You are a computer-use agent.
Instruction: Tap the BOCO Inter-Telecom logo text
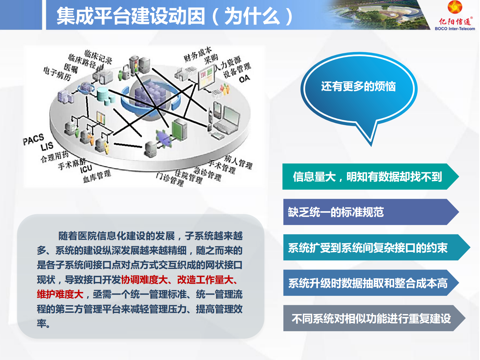455,29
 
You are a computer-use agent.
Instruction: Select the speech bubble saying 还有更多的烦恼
358,87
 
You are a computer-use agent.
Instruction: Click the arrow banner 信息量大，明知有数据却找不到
367,177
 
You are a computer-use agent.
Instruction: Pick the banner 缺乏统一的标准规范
336,212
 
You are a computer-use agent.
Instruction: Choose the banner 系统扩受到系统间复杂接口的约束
367,248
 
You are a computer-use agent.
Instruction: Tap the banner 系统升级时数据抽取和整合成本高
367,283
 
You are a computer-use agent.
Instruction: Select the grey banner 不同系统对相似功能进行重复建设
371,319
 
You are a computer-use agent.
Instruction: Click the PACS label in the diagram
33,139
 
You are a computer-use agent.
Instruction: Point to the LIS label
47,147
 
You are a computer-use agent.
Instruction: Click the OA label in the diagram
244,79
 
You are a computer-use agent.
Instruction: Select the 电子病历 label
57,74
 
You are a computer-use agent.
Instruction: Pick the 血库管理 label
97,176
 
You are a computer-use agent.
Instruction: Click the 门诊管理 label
170,179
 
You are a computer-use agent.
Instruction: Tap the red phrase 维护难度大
60,294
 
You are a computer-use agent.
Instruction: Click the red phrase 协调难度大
144,280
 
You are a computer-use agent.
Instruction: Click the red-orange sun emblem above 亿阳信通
455,7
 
